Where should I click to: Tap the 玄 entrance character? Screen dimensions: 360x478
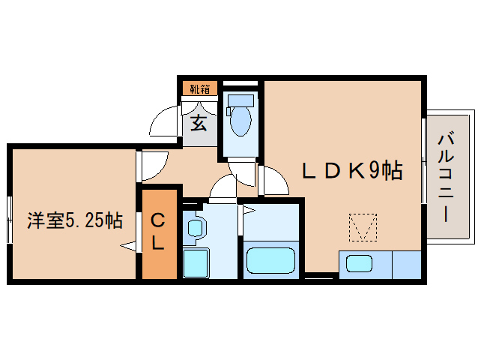199,121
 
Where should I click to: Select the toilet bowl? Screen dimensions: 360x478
240,119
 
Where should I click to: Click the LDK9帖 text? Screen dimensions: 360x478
352,172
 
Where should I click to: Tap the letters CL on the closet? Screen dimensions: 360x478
158,232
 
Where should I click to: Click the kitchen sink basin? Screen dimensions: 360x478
357,264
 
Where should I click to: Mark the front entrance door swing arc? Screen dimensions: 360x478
163,121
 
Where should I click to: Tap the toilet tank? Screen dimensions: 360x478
241,100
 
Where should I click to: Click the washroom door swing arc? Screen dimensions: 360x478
223,190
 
